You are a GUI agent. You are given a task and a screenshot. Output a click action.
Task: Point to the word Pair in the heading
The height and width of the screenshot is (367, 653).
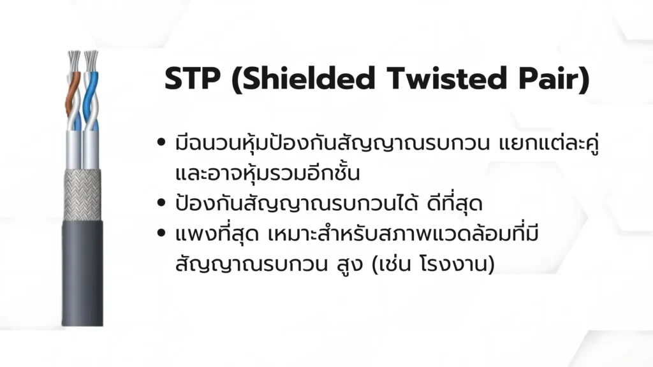point(548,78)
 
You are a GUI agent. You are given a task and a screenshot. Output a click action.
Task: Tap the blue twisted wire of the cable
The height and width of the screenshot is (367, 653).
point(91,96)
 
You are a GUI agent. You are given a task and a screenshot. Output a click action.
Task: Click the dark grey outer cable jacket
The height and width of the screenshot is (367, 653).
point(82,274)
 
